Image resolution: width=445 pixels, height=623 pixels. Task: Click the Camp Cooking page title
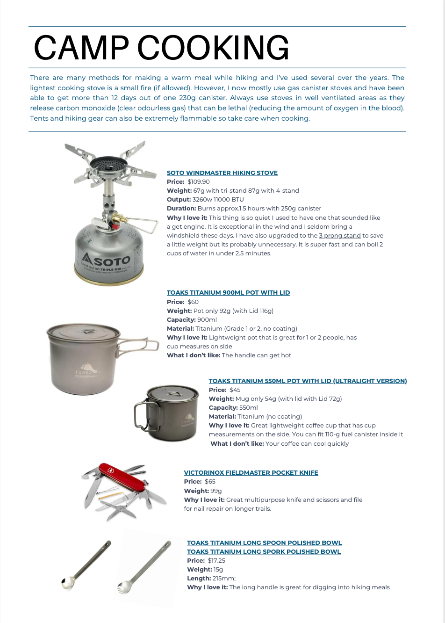point(161,47)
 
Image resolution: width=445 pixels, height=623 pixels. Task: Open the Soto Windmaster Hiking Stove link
point(222,173)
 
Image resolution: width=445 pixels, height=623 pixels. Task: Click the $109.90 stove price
point(199,181)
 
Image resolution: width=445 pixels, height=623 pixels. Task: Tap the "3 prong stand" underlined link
point(340,235)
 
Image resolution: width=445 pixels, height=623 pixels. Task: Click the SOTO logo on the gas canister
point(107,260)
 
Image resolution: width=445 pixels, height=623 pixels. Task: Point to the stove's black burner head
point(108,164)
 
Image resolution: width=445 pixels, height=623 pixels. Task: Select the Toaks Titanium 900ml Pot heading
point(228,292)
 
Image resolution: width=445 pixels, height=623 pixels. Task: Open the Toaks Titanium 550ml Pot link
point(308,381)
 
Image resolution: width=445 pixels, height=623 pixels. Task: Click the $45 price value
point(235,390)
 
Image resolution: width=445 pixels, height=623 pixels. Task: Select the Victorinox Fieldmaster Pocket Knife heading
point(251,472)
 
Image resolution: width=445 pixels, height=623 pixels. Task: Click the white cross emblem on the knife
point(111,470)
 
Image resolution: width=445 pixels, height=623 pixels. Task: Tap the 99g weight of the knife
point(216,491)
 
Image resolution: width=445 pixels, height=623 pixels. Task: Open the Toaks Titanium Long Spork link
point(264,551)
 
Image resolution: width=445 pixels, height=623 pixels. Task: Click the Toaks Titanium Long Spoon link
point(264,543)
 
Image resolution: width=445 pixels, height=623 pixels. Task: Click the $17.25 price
point(216,560)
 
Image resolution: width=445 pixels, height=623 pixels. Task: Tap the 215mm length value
point(224,578)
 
